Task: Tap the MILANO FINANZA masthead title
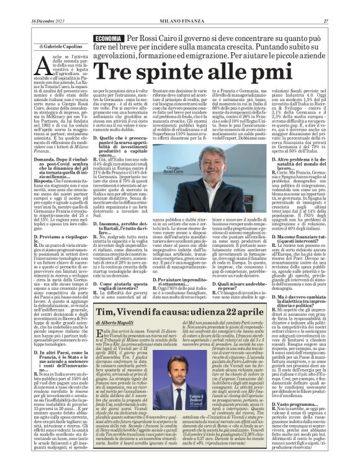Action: (x=180, y=5)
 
